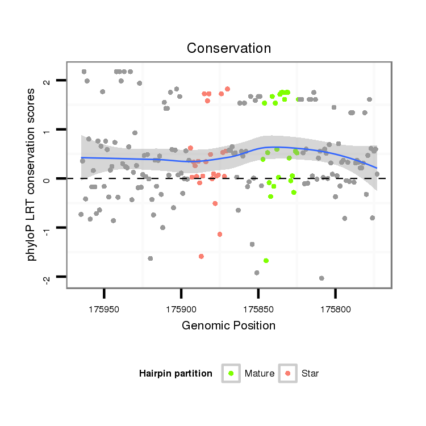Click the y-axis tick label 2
pos(47,81)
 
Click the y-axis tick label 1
pos(47,130)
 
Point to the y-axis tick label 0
pos(47,179)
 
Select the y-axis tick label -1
pos(47,227)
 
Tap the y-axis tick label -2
pos(47,277)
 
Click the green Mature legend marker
pos(231,373)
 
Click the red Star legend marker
pos(287,373)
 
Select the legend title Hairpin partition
pos(176,374)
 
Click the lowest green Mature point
pos(266,261)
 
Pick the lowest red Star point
pos(201,256)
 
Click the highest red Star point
pos(227,89)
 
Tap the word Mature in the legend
pos(260,374)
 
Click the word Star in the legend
pos(310,374)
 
